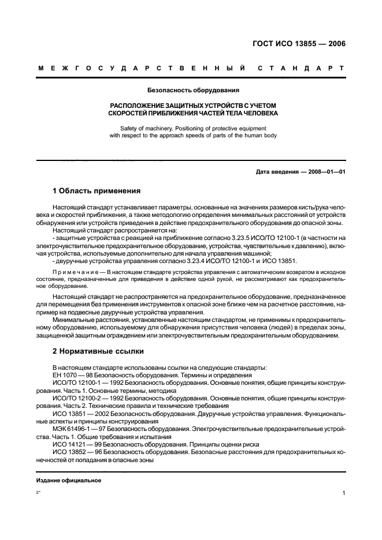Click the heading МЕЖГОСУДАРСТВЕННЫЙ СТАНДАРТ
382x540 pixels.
pos(191,69)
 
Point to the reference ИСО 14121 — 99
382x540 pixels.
pos(77,444)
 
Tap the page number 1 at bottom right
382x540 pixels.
pos(343,493)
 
